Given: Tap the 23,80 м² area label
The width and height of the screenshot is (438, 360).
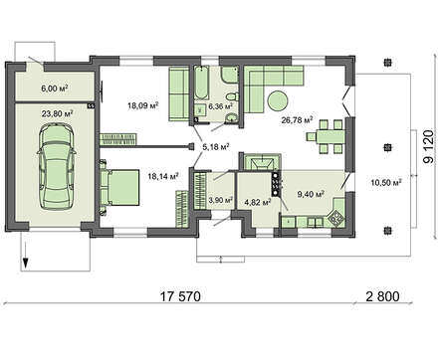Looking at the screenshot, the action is click(x=58, y=113).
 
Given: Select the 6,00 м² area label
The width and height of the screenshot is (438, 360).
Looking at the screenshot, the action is click(x=55, y=89).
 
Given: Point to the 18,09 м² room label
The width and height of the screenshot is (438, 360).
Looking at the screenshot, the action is click(x=142, y=105).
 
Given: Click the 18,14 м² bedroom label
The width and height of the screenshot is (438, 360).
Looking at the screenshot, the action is click(x=163, y=176).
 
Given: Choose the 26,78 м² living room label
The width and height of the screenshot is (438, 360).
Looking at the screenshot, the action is click(x=297, y=119).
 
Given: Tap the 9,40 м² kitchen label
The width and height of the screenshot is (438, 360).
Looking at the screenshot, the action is click(x=311, y=194).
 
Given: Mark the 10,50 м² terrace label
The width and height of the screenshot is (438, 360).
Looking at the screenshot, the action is click(x=386, y=182).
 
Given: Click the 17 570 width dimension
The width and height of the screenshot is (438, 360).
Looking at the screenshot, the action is click(x=181, y=296).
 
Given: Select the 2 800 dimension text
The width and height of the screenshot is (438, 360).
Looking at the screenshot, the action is click(x=383, y=296).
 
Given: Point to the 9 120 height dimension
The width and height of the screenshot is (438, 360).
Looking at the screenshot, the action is click(x=428, y=146).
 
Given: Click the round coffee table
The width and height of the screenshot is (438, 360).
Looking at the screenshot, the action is click(x=278, y=100).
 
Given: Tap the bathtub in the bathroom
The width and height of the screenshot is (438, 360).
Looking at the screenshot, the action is click(x=201, y=83).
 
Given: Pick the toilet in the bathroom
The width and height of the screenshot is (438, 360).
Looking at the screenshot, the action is click(x=232, y=96).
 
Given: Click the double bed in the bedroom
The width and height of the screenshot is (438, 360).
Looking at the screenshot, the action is click(x=119, y=187).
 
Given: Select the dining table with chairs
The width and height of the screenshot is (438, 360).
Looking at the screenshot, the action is click(x=325, y=136).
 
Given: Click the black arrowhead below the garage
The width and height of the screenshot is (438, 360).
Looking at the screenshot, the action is click(x=25, y=264).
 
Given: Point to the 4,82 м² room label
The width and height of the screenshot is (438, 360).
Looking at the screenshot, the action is click(x=258, y=201).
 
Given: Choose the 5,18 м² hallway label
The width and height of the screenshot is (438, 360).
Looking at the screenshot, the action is click(x=216, y=146).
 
